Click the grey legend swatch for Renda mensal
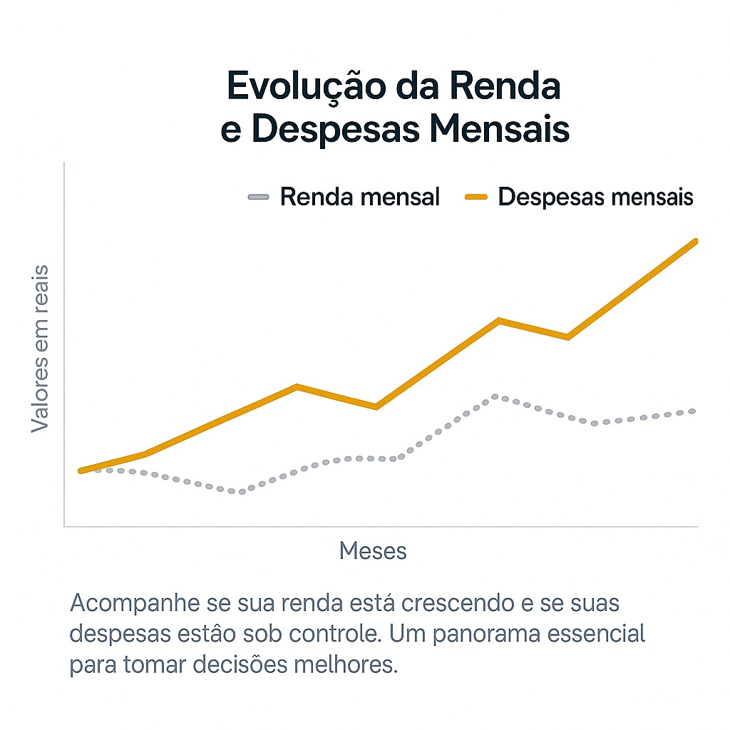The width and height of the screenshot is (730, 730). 258,197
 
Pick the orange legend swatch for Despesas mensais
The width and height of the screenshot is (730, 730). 475,197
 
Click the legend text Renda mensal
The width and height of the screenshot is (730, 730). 360,197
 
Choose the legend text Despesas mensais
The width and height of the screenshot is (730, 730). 596,197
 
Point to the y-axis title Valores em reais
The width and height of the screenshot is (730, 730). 40,348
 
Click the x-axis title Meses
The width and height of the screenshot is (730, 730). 373,550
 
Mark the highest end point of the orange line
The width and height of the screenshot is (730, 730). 695,242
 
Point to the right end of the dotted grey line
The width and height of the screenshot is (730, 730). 694,411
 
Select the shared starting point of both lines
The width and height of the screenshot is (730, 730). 81,471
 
